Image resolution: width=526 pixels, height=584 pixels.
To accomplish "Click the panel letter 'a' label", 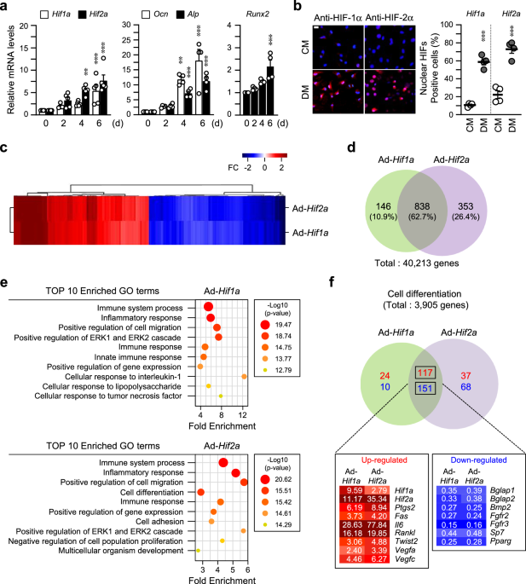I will tap(7, 8).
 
